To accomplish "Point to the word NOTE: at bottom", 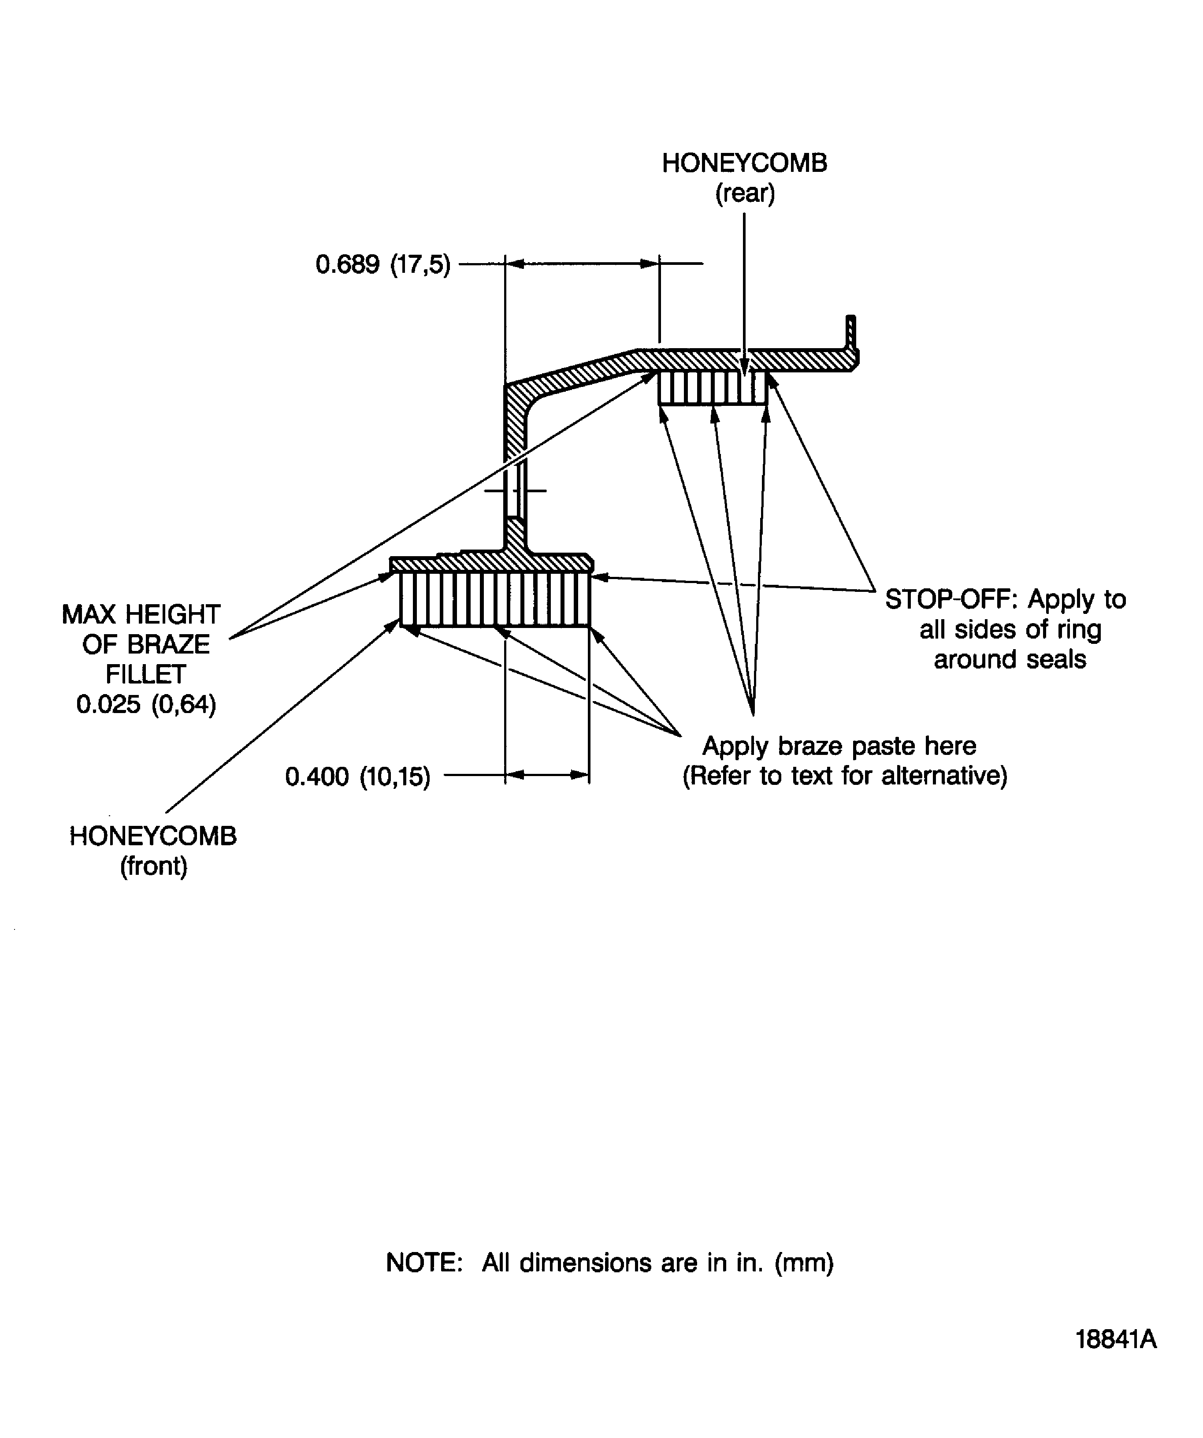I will [x=424, y=1262].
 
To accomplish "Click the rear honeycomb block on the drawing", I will [x=713, y=387].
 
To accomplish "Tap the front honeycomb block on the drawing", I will [x=494, y=599].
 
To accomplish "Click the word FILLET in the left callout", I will [x=145, y=675].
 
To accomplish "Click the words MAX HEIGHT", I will [x=141, y=614].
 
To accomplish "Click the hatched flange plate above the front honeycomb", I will [x=491, y=563].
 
